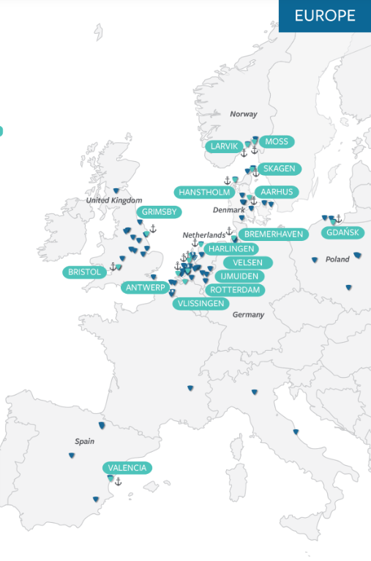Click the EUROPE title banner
point(324,15)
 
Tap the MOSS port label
point(277,141)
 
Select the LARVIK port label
point(224,146)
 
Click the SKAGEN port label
point(280,168)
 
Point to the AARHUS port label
point(277,192)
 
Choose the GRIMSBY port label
point(159,212)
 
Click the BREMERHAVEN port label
point(273,234)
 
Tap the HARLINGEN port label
point(231,249)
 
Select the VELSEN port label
point(247,262)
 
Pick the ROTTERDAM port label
point(235,290)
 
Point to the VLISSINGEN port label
point(201,303)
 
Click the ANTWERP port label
point(146,287)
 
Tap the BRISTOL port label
point(85,272)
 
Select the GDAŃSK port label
point(342,233)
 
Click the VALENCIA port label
point(127,467)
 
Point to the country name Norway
point(244,114)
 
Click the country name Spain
point(84,442)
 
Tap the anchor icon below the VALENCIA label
point(118,481)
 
